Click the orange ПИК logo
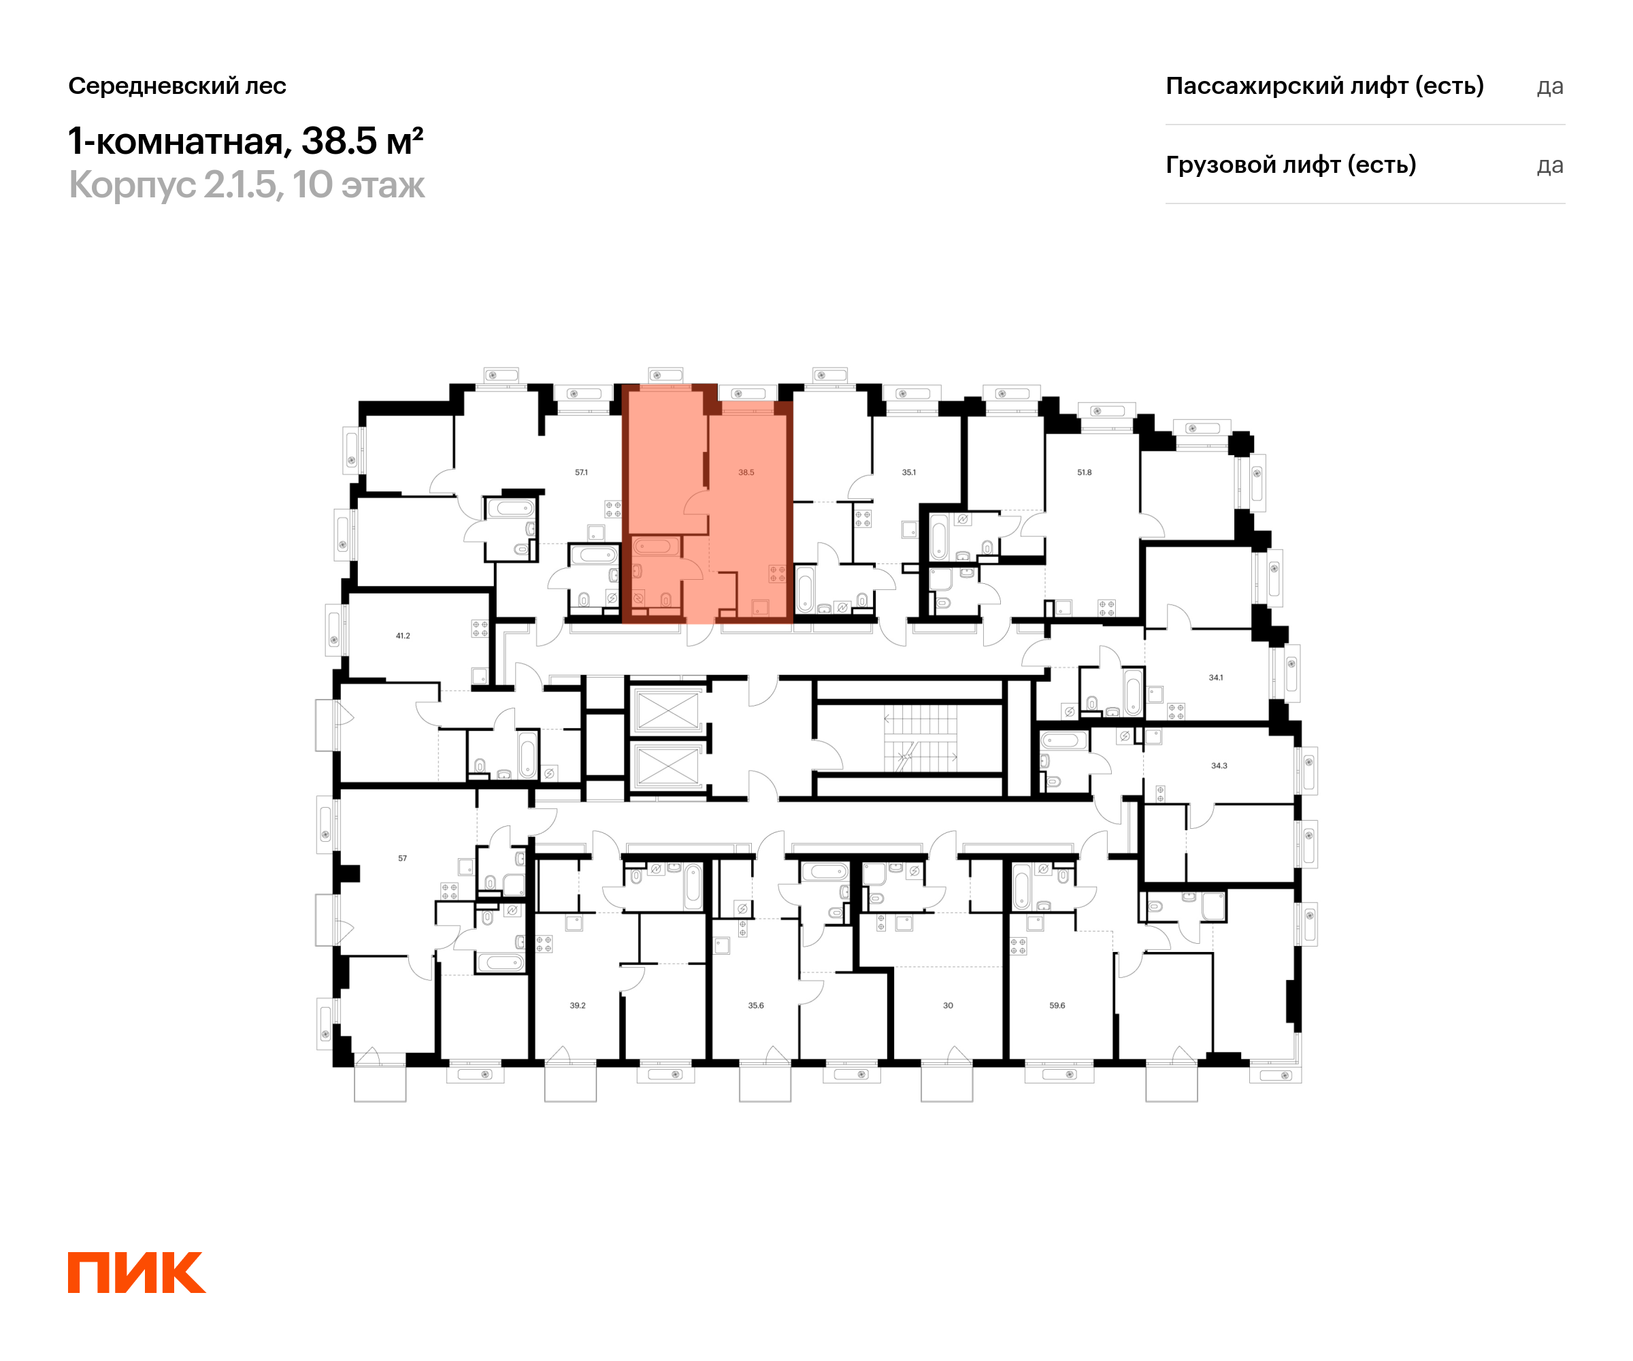(x=136, y=1272)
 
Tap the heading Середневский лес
(x=178, y=86)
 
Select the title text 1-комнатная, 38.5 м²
(x=246, y=141)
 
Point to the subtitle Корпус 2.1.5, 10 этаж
(x=246, y=185)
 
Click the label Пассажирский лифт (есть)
(x=1324, y=86)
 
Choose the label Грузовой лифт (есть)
(x=1290, y=165)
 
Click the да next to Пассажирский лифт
(x=1550, y=86)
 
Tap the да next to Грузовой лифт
(x=1550, y=165)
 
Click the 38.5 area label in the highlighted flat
(x=746, y=472)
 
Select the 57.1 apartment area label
(x=581, y=472)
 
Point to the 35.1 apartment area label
(x=908, y=472)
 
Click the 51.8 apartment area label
(x=1084, y=472)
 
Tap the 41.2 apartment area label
(x=403, y=636)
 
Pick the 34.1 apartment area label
(x=1215, y=677)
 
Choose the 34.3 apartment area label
(x=1219, y=766)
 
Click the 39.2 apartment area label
(x=577, y=1006)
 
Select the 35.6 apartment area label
(x=755, y=1006)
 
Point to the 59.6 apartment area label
(x=1057, y=1006)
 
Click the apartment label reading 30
(x=948, y=1006)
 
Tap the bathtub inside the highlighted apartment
(x=653, y=546)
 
